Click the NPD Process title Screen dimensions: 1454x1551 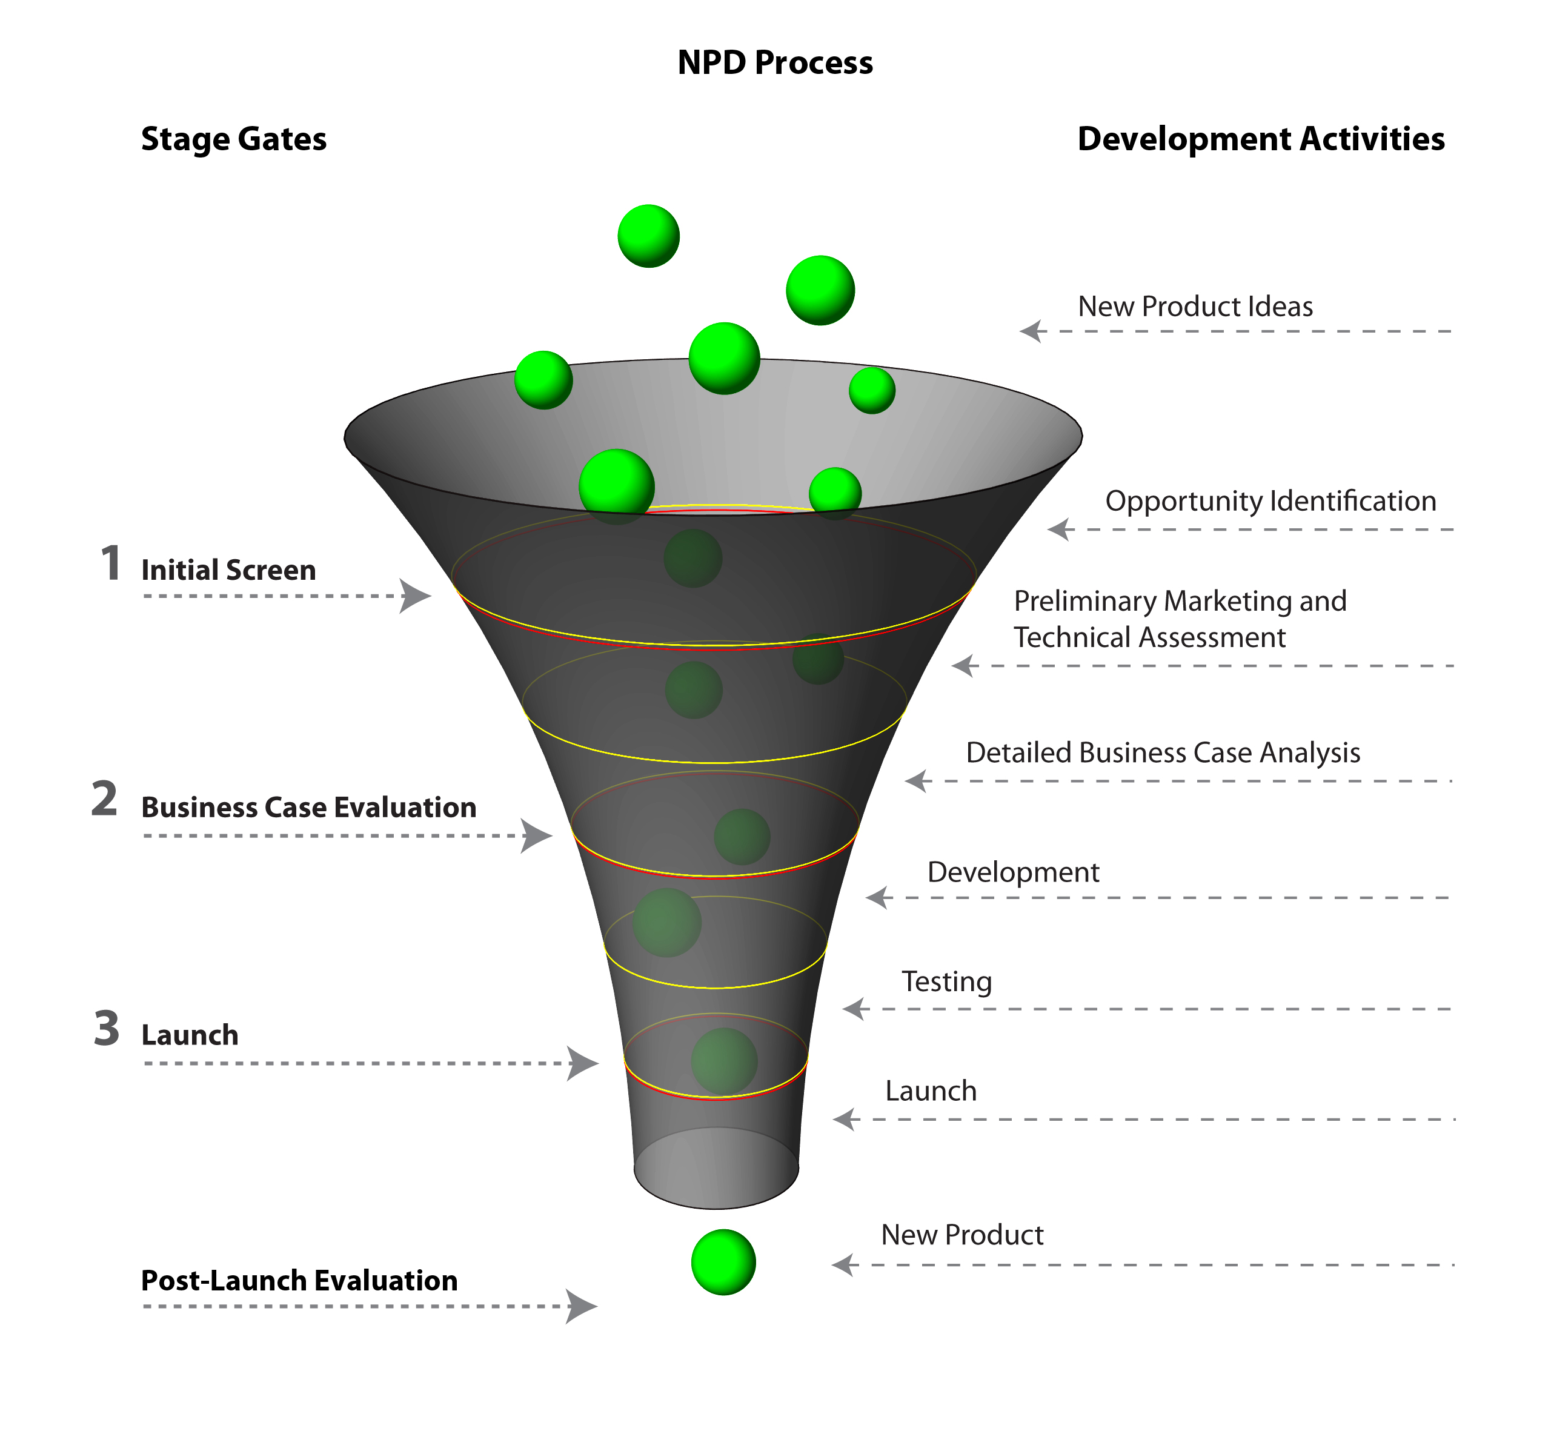click(x=775, y=62)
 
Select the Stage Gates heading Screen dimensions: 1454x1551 click(x=233, y=139)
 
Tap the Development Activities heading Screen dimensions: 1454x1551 click(x=1260, y=139)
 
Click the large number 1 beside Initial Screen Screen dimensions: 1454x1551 click(x=111, y=563)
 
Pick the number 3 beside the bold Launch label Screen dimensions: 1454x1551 click(x=107, y=1028)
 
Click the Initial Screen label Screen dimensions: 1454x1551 click(x=228, y=570)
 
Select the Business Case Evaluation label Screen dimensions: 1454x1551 click(x=308, y=808)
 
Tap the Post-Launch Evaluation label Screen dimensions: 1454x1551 click(x=299, y=1281)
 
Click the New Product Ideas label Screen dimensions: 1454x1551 click(x=1195, y=307)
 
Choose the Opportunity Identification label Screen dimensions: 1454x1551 click(x=1270, y=501)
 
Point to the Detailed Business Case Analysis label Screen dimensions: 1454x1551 click(x=1163, y=752)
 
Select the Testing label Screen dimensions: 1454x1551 click(x=946, y=981)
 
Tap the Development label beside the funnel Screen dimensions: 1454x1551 click(x=1012, y=872)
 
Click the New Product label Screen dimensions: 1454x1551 click(x=962, y=1235)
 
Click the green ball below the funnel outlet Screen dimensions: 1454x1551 click(x=723, y=1262)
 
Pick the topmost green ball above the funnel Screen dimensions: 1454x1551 click(x=648, y=236)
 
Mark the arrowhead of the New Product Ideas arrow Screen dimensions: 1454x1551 click(x=1032, y=331)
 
